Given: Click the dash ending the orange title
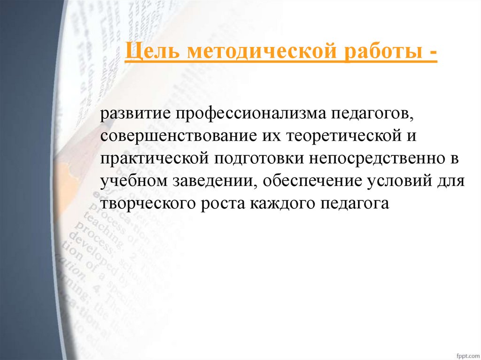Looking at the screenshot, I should [x=431, y=53].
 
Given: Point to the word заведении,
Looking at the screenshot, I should [x=210, y=181].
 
